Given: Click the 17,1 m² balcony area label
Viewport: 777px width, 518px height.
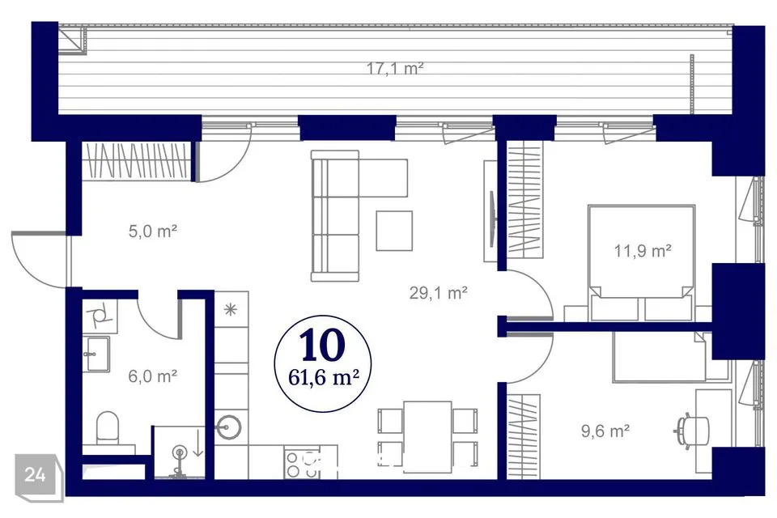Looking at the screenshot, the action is [x=395, y=68].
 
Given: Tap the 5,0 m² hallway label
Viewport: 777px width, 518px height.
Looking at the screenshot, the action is [x=153, y=231].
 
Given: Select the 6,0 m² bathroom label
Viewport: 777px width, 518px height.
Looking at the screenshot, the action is [x=153, y=376].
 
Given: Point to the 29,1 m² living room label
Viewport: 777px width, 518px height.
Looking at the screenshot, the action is [x=439, y=293].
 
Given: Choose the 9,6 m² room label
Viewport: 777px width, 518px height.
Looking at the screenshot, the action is [x=605, y=431].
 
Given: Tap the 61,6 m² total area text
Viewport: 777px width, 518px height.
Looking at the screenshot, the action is [x=324, y=378].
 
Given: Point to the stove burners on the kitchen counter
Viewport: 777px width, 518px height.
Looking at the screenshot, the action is [x=302, y=464].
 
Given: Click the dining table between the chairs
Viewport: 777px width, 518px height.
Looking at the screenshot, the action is [x=427, y=436].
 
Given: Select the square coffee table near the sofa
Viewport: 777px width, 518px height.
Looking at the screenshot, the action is [x=394, y=231].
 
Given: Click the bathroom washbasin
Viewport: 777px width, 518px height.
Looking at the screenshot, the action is [x=98, y=354].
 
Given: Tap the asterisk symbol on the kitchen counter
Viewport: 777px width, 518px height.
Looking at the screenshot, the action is [x=231, y=310].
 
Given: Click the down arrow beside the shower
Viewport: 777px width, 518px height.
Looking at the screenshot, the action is [x=197, y=444].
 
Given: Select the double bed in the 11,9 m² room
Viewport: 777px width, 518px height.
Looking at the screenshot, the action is [x=641, y=263].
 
